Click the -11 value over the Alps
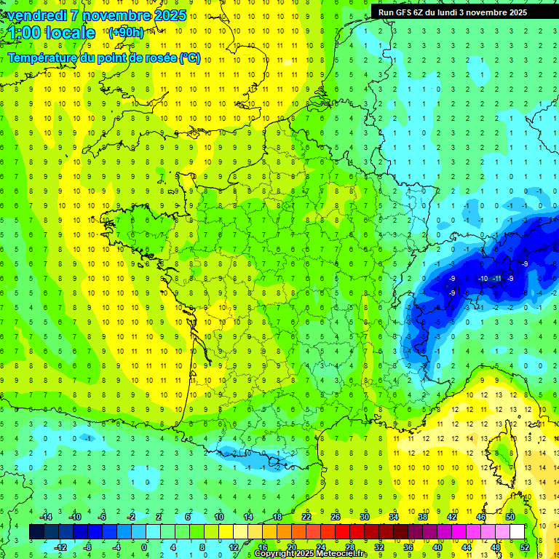[496, 279]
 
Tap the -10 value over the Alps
[483, 279]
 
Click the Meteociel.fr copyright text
[311, 554]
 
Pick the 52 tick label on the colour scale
[525, 547]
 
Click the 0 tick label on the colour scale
[144, 547]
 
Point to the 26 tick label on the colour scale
[336, 516]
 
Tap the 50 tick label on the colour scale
[510, 516]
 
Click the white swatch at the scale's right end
[517, 532]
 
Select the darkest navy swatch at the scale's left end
[36, 532]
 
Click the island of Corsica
[502, 455]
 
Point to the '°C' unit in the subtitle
[188, 58]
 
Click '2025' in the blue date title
[170, 15]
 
